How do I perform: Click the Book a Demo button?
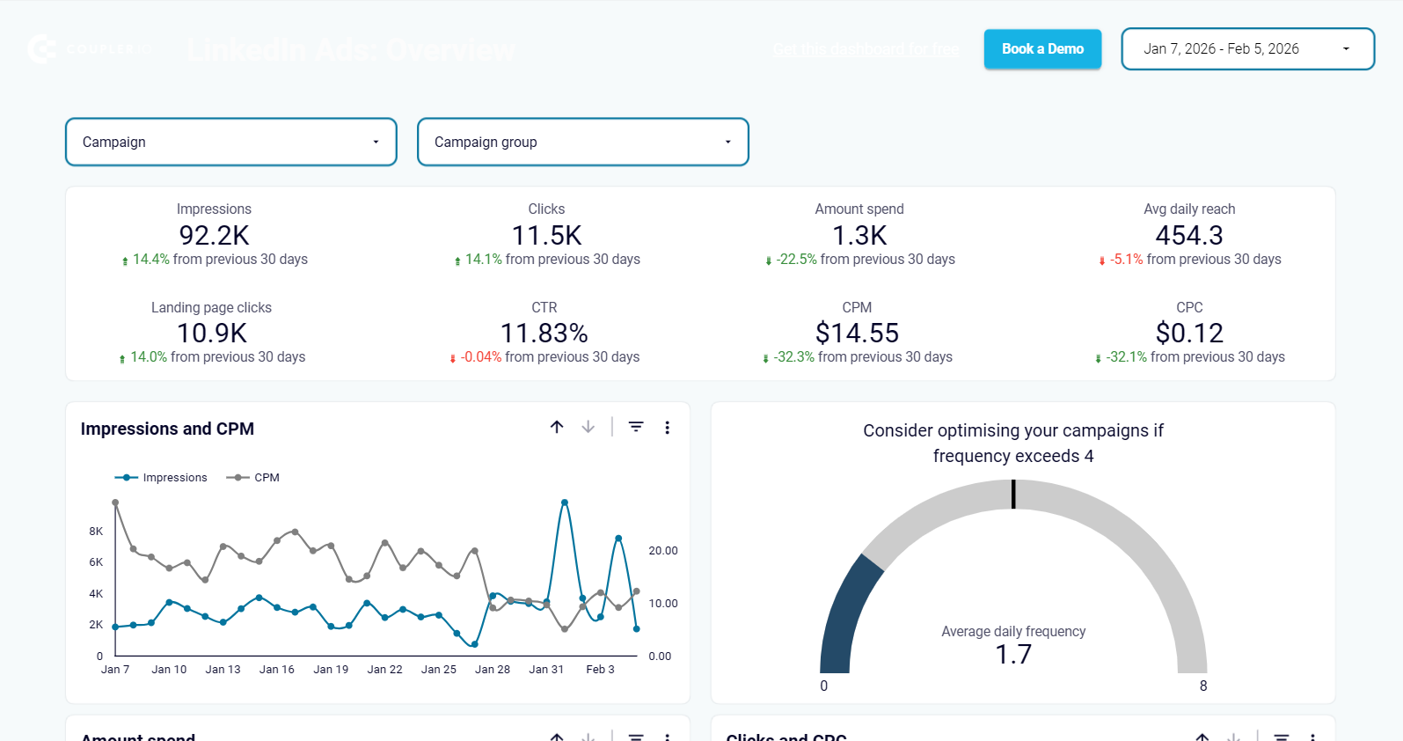pos(1042,49)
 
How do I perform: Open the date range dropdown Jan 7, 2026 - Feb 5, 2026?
pos(1247,49)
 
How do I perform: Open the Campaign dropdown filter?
pos(230,142)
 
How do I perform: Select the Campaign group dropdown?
pos(582,142)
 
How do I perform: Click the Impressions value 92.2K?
pos(214,236)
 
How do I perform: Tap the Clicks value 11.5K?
pos(546,236)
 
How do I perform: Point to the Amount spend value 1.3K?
pos(859,236)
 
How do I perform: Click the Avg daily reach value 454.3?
pos(1188,236)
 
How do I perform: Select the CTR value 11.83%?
pos(544,334)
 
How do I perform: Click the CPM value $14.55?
pos(857,334)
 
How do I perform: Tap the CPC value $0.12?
pos(1189,334)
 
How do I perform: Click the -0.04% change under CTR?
pos(480,357)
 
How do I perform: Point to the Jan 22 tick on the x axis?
pos(384,670)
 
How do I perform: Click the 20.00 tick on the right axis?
pos(662,551)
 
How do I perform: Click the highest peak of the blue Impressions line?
pos(564,503)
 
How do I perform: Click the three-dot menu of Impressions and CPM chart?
pos(667,428)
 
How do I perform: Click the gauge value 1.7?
pos(1013,655)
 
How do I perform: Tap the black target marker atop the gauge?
pos(1013,494)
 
